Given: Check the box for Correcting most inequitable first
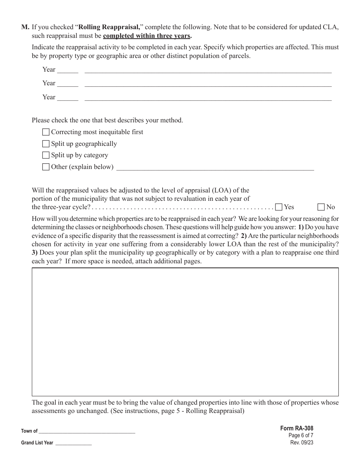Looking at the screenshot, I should click(46, 132).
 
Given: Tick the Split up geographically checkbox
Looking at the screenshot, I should click(46, 144).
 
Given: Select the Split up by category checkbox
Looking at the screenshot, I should click(46, 155).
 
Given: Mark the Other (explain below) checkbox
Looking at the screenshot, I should click(46, 167).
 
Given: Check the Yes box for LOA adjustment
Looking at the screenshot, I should click(279, 207).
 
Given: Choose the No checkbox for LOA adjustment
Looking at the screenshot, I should click(321, 207).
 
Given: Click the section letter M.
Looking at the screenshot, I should click(25, 27).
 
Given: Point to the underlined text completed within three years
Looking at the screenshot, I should click(147, 36).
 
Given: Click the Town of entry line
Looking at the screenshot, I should click(87, 431).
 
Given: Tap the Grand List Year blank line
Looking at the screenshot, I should click(74, 443).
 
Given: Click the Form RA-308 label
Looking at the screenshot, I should click(297, 428).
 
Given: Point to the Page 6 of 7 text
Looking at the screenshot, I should click(301, 435).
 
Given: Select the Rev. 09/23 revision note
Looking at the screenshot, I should click(302, 442).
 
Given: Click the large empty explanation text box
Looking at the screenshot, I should click(185, 332).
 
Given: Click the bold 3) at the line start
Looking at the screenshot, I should click(35, 253).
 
